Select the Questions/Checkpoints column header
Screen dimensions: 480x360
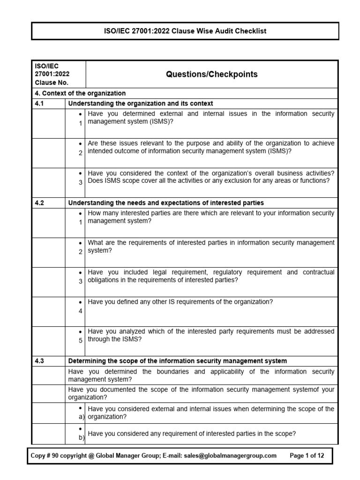click(x=210, y=75)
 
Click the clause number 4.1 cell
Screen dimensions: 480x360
click(x=39, y=104)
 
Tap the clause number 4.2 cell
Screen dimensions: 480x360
click(x=39, y=203)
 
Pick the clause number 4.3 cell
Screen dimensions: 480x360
click(x=39, y=361)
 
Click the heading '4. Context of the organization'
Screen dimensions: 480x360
click(x=80, y=93)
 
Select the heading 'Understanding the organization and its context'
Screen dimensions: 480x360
click(x=141, y=104)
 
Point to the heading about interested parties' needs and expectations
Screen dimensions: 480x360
click(x=166, y=203)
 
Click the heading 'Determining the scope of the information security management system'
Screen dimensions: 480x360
click(x=178, y=361)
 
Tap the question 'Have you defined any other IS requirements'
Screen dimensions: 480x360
click(x=180, y=302)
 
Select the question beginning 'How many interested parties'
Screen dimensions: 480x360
click(x=211, y=217)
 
